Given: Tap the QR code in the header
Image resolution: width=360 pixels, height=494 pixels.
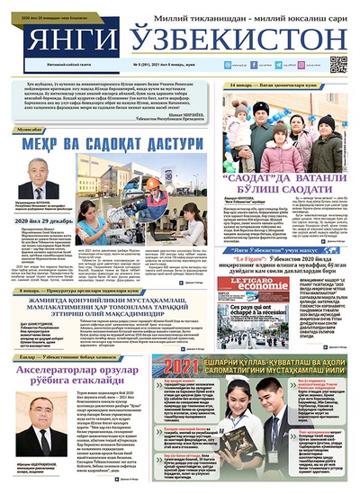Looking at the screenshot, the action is [338, 64].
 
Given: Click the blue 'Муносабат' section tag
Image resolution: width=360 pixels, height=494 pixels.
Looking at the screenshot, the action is [31, 130].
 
